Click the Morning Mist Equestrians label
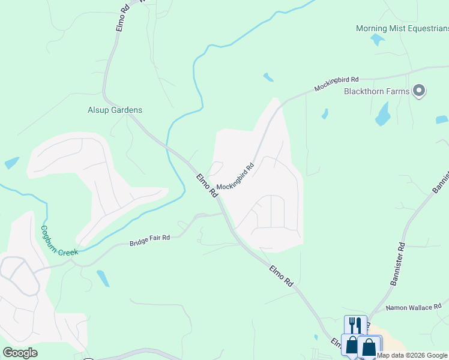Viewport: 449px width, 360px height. [x=402, y=28]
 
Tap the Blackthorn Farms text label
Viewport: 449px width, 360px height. [x=376, y=91]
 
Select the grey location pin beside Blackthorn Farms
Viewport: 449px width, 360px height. [x=420, y=91]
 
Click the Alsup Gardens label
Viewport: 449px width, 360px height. [x=115, y=110]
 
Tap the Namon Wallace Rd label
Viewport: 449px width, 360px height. [x=414, y=307]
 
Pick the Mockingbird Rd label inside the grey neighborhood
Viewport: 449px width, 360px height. [x=236, y=178]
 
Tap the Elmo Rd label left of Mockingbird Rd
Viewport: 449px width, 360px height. [x=206, y=186]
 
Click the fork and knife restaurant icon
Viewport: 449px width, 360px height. [x=355, y=325]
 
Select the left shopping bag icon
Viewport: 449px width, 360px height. [x=351, y=346]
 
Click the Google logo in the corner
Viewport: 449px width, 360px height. [x=20, y=353]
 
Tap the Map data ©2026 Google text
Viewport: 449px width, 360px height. [x=412, y=355]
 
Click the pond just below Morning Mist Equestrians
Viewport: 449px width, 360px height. [x=378, y=40]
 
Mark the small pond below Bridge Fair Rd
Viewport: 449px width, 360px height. [x=103, y=278]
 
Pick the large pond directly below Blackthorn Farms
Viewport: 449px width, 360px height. [x=382, y=114]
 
